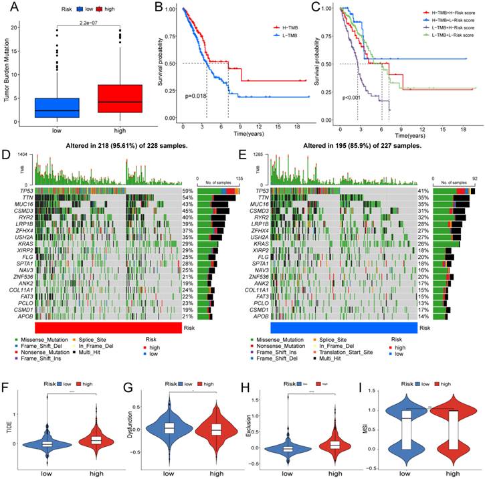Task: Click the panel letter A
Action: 12,9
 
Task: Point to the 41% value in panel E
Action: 423,191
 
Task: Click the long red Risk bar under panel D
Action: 107,328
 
